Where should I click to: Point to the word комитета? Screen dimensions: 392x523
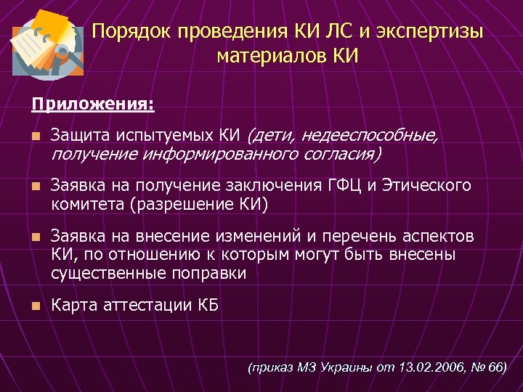tap(87, 204)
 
